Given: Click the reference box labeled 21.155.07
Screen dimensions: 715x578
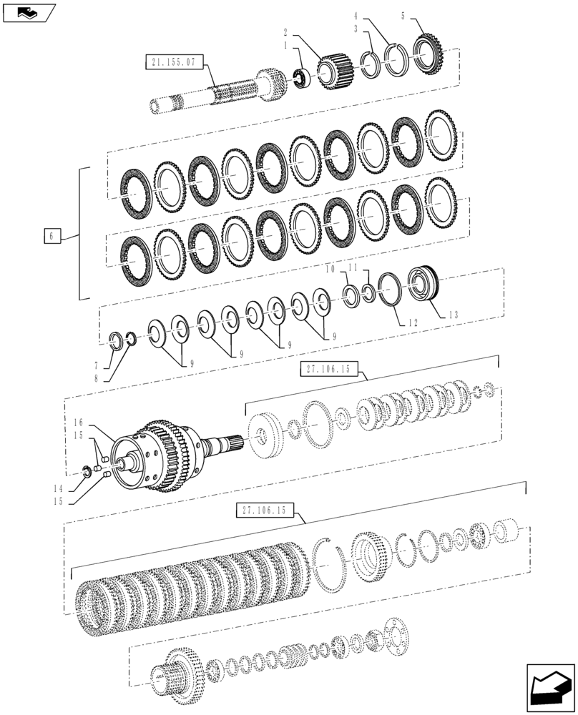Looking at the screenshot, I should [173, 62].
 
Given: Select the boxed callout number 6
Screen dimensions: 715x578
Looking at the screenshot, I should [52, 236].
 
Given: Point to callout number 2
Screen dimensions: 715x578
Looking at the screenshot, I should [285, 32].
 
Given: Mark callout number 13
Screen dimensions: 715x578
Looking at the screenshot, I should [455, 314].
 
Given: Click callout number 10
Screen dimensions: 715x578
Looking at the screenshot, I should [330, 270].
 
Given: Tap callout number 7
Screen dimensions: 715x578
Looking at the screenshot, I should [100, 365].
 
